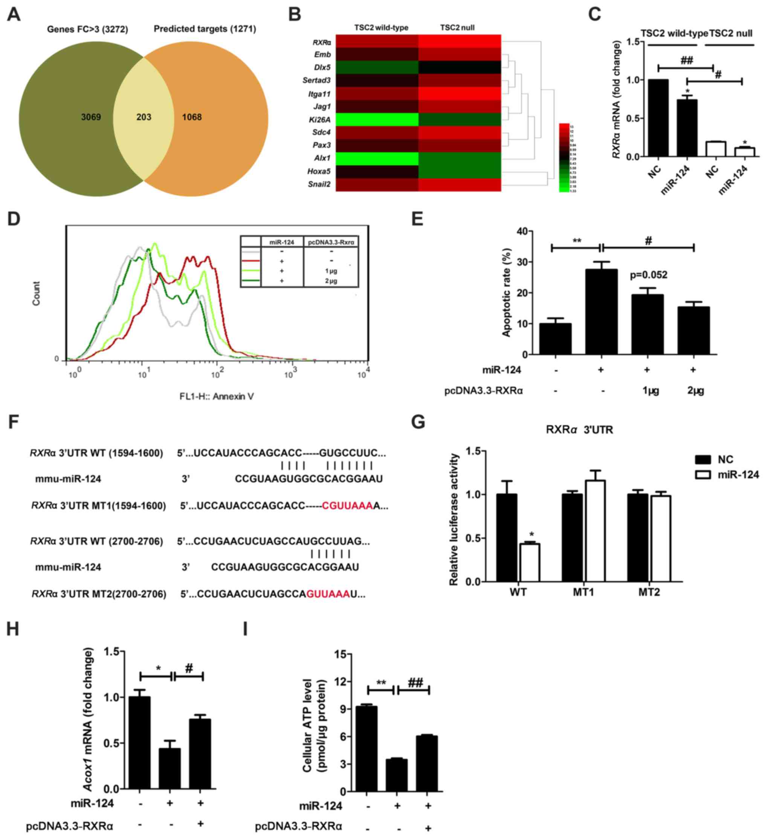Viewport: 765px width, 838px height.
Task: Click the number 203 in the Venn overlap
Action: [144, 117]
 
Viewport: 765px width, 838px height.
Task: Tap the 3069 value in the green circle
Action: [91, 117]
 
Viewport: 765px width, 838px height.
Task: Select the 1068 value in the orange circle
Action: [192, 117]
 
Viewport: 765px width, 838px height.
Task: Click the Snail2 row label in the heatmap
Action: [319, 184]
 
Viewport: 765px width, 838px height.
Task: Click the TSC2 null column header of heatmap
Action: [457, 28]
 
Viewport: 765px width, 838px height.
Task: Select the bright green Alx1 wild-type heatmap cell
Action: [377, 158]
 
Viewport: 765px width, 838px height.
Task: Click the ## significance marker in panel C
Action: [686, 61]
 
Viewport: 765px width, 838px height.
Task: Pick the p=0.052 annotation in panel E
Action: [648, 275]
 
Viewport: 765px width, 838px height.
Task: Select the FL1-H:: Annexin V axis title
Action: [216, 396]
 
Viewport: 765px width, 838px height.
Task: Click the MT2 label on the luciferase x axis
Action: [649, 592]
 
